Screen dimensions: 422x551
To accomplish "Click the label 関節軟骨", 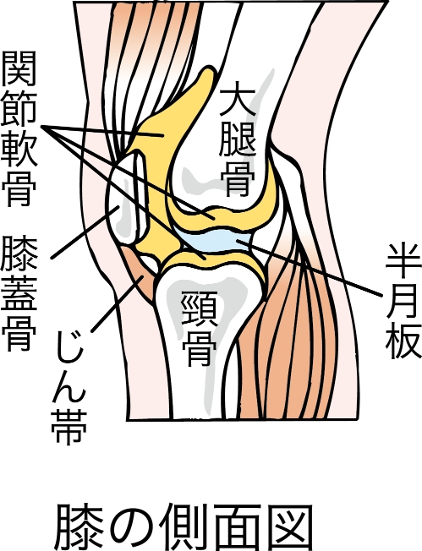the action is [19, 128].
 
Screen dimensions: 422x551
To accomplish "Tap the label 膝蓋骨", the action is [19, 293].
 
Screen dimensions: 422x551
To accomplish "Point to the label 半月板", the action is [403, 301].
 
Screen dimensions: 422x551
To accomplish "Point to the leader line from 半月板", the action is [310, 268].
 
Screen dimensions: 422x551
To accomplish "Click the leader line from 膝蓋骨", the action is [85, 232].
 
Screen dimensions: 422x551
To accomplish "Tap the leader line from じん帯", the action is [117, 303].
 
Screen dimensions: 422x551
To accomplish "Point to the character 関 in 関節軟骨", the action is [19, 68].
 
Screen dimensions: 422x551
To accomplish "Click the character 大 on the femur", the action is [237, 101].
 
